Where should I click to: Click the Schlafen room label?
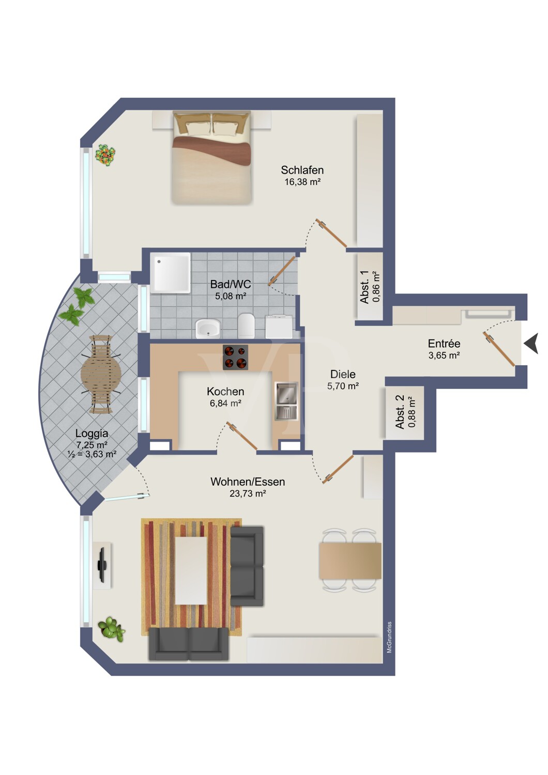302,170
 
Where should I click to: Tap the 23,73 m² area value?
248,493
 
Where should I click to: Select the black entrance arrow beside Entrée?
531,343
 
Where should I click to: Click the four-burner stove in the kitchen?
235,357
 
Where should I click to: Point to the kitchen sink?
286,401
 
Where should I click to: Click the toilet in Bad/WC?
247,326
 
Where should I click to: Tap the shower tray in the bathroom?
170,273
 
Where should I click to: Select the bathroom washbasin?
208,328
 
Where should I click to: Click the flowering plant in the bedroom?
105,156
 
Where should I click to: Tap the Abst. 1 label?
364,287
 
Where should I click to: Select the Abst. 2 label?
400,412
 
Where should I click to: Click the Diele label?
343,374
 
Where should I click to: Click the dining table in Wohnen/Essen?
350,561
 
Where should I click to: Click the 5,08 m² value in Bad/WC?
231,296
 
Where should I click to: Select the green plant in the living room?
111,628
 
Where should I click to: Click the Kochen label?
225,391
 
